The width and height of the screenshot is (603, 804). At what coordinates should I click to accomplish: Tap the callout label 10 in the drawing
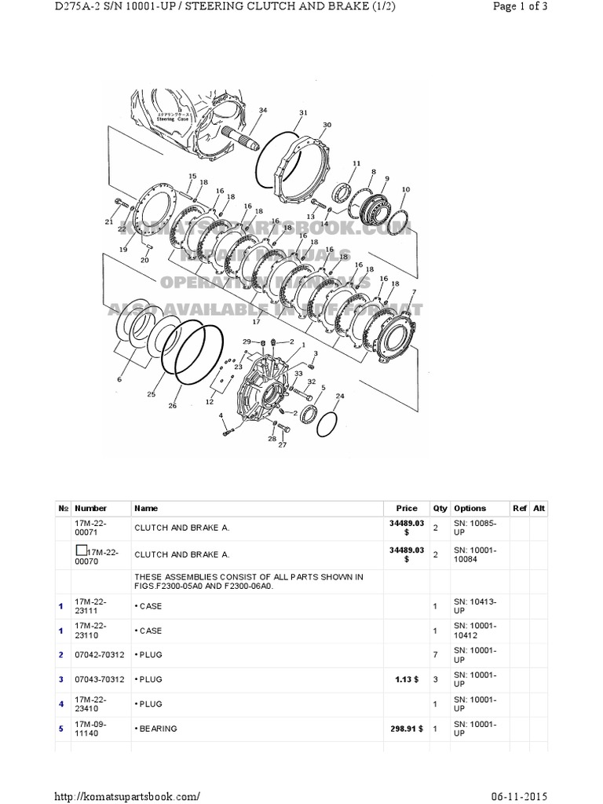[405, 189]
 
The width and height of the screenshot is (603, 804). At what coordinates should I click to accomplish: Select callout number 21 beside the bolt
[109, 222]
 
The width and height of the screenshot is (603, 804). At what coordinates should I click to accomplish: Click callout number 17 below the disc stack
[256, 322]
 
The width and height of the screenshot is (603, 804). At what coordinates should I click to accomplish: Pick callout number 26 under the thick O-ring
[172, 406]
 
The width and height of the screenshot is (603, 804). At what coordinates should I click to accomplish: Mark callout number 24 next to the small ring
[339, 396]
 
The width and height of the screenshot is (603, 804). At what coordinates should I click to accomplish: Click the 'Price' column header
[407, 508]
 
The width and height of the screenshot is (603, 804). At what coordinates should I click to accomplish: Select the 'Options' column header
[470, 508]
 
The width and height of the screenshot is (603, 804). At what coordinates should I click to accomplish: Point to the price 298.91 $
[407, 729]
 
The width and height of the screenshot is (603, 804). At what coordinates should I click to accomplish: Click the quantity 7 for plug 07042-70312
[435, 653]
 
